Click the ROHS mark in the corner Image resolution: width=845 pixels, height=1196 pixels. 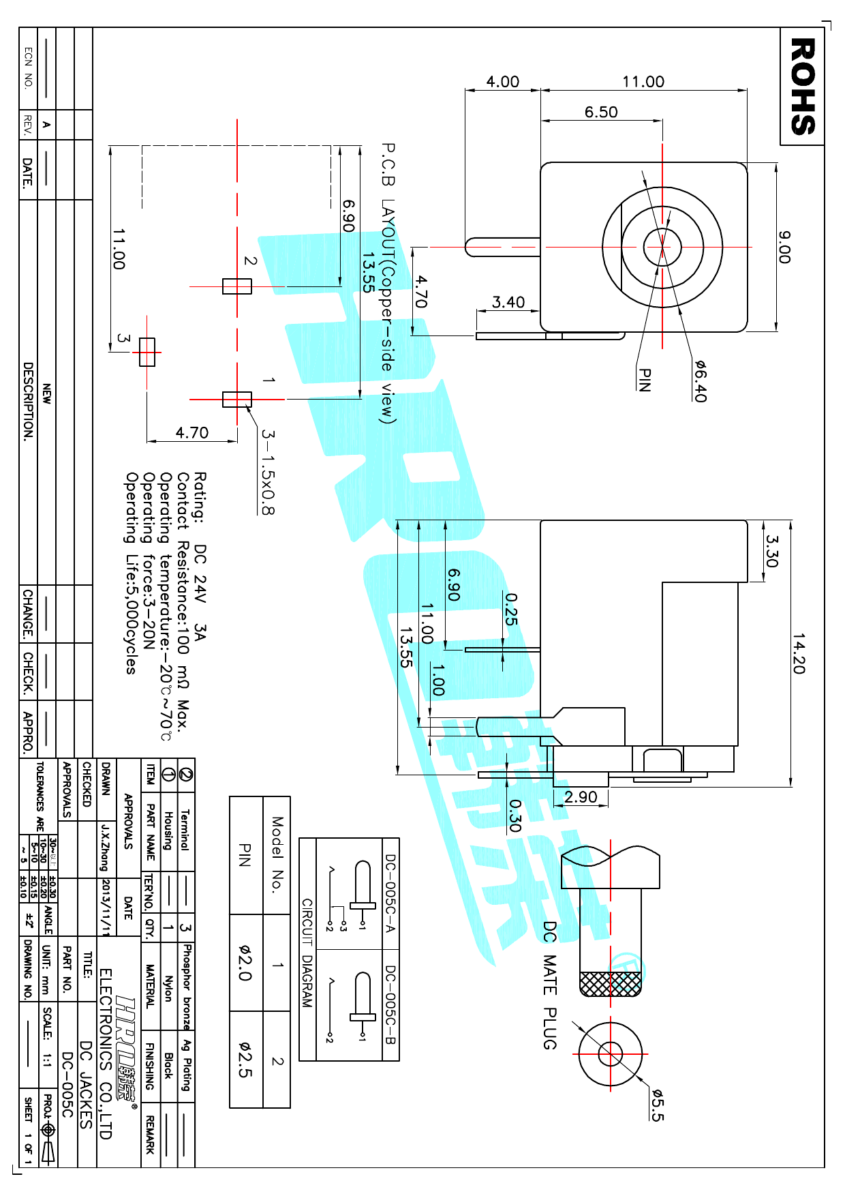point(802,87)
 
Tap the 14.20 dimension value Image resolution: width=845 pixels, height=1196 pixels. point(799,653)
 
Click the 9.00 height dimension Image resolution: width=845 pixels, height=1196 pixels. point(784,247)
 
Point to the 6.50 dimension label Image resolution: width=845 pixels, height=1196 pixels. point(601,113)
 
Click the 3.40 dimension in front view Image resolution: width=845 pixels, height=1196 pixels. point(508,302)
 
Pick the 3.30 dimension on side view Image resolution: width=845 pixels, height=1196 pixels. point(771,551)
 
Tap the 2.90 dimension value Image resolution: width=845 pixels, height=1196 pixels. point(581,797)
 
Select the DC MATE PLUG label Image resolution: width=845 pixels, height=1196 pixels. point(550,985)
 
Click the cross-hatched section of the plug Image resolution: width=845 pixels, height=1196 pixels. point(610,983)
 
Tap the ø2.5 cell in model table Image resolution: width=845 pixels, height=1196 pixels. point(245,1059)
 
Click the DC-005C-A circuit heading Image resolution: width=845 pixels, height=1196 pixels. point(390,895)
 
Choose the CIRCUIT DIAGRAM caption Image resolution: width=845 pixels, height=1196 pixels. point(307,953)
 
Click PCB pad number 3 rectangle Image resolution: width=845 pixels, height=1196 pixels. point(147,353)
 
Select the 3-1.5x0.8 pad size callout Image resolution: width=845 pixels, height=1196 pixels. point(268,472)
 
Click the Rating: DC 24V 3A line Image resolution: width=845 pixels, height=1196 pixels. point(200,556)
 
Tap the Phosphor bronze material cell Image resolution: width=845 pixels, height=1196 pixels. point(187,986)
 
